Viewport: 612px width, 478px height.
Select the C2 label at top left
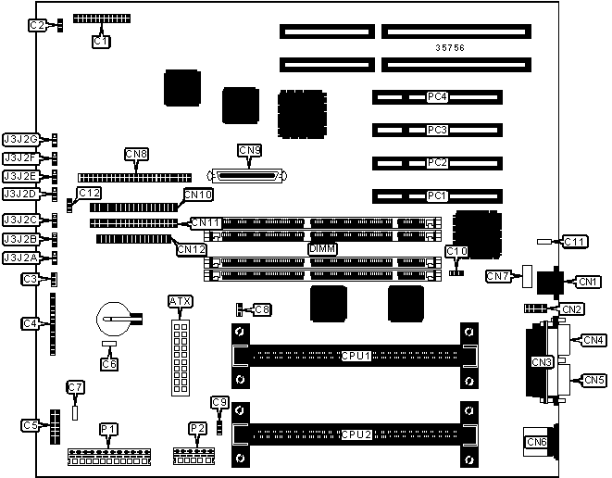click(x=37, y=26)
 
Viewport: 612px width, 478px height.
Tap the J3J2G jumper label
click(x=20, y=139)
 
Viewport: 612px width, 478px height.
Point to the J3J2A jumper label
click(x=20, y=258)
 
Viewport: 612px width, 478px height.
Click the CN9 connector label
click(x=249, y=150)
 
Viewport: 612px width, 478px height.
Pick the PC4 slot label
click(x=437, y=96)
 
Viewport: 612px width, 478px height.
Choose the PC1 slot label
click(x=437, y=195)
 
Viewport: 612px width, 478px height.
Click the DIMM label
click(x=322, y=249)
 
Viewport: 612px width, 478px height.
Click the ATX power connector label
click(x=180, y=301)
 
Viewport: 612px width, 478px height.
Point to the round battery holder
click(x=115, y=321)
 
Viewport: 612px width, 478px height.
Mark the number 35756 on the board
click(x=451, y=46)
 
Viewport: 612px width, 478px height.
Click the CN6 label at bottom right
click(x=536, y=443)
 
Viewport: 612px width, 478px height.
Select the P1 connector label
click(x=109, y=428)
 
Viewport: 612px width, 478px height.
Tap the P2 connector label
click(x=197, y=428)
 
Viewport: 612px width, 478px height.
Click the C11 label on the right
click(x=575, y=242)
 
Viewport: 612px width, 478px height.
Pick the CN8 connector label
click(x=136, y=153)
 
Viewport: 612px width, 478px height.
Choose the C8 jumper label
click(x=262, y=309)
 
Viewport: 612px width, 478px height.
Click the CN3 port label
click(x=541, y=360)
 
